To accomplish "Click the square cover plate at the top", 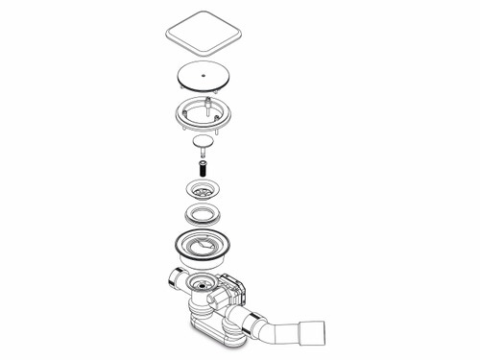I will tap(204, 36).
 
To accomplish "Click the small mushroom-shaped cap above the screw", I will tap(203, 142).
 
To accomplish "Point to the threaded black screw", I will tap(203, 167).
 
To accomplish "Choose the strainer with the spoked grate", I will tap(203, 190).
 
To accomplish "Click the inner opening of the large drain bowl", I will tap(205, 251).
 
